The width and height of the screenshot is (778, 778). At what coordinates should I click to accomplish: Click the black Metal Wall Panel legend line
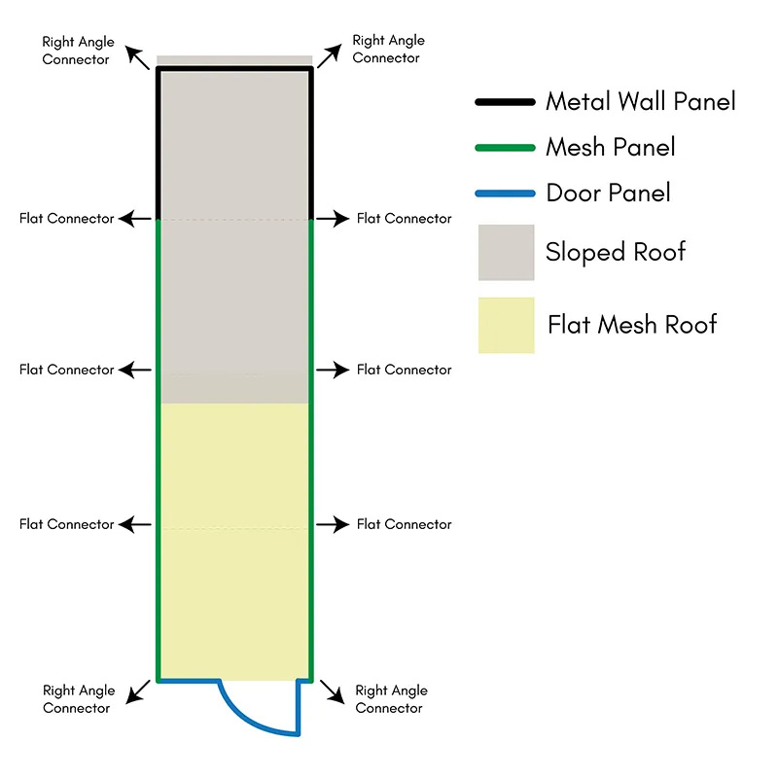505,102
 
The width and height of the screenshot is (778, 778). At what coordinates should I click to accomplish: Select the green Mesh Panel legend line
505,148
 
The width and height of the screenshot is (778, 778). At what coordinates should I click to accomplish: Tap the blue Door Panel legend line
505,194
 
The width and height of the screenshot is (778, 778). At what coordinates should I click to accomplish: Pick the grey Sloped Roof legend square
506,253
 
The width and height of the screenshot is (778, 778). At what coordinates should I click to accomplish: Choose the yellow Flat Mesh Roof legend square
506,326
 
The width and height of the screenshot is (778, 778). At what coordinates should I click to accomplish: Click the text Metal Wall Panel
641,102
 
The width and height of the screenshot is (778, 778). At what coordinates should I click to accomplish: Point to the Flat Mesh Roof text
632,325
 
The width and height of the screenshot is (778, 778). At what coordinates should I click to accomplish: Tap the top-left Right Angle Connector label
78,51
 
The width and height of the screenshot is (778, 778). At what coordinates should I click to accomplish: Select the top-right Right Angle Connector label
388,50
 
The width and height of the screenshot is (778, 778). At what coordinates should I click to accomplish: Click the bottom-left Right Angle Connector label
79,699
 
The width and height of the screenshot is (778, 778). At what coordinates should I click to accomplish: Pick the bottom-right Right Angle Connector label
391,699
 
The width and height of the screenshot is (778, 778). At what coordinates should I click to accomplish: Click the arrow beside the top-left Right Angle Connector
137,57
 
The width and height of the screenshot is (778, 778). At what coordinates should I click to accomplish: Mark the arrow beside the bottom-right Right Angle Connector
332,691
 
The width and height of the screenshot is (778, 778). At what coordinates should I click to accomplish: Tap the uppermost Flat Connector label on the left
66,219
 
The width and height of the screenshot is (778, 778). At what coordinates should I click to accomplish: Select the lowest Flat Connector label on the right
404,524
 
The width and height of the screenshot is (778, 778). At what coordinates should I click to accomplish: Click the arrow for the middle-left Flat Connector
134,370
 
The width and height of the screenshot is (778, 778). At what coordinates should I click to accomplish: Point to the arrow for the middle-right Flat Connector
333,370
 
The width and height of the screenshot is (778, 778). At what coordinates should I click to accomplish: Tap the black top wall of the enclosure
234,69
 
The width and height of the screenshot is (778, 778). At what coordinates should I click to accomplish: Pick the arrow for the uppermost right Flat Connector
333,218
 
